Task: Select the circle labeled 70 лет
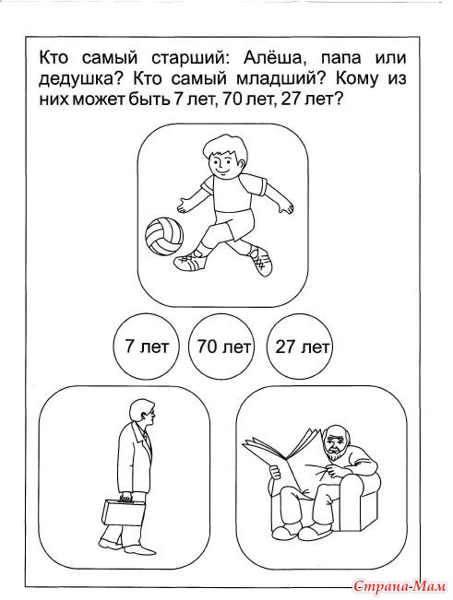coord(221,347)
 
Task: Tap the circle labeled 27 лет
coord(300,347)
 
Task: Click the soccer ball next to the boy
coord(164,236)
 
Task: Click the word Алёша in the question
coord(270,58)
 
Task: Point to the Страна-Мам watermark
coord(399,585)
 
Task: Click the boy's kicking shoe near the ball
coord(190,262)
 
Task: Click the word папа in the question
coord(341,59)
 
